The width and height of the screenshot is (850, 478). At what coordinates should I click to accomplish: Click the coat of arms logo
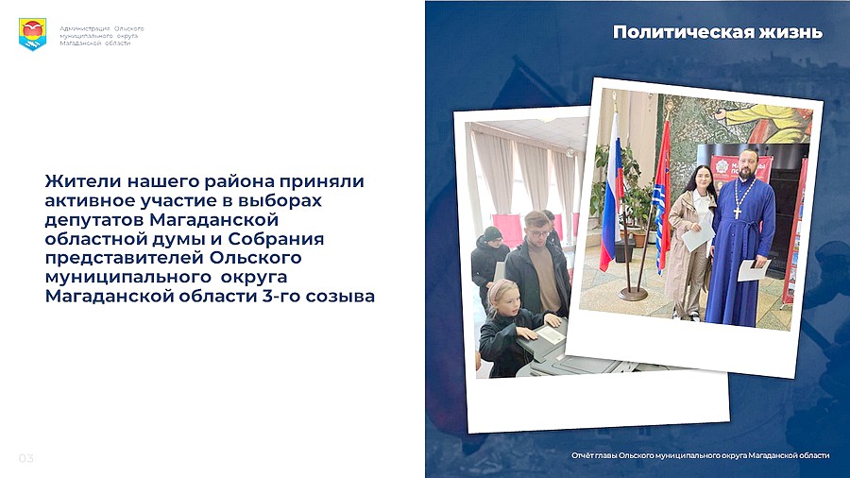32,34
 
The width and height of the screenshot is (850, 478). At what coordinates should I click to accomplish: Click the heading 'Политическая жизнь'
717,32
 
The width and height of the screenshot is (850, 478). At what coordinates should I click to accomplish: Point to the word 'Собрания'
276,238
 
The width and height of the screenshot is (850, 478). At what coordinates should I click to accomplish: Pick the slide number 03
26,458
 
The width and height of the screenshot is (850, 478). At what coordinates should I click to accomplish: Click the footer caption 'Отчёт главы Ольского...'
700,455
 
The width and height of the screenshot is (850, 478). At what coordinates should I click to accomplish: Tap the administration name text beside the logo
102,36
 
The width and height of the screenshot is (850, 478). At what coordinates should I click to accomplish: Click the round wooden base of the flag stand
633,295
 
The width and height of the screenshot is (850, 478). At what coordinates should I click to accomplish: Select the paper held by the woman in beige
697,236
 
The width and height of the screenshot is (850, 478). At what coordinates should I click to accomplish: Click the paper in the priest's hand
754,270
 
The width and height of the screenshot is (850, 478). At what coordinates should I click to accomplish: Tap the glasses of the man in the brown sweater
538,233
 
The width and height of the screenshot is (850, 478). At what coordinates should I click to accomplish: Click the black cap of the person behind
492,233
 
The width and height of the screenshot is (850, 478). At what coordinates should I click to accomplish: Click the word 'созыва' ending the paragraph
340,297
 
